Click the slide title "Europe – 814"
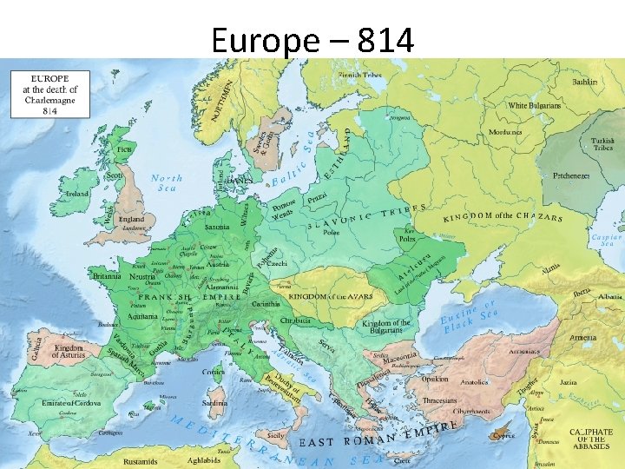pos(312,40)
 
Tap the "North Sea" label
pos(167,182)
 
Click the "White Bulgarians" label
pos(535,105)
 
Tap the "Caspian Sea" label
pos(606,241)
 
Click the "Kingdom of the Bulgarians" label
pos(386,327)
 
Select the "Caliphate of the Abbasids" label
pos(591,438)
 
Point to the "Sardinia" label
pos(214,403)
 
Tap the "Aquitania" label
pos(142,316)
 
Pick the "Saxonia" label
pos(217,227)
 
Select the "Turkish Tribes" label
pos(602,144)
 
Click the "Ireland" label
pos(76,194)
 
